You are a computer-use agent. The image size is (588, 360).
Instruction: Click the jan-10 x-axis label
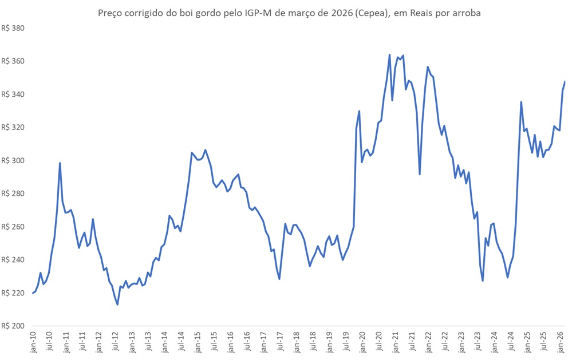(33, 342)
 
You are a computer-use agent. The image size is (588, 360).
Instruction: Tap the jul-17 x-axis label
(282, 342)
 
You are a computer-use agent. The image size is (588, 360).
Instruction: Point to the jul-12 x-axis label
(116, 342)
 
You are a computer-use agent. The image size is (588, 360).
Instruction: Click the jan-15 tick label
(199, 342)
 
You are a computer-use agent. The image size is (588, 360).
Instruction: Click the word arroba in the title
(465, 13)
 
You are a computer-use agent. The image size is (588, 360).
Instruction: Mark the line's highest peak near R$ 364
(389, 55)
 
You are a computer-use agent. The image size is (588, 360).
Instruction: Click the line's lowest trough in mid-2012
(117, 304)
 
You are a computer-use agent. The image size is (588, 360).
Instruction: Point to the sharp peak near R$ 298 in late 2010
(60, 163)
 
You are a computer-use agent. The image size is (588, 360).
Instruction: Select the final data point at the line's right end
(565, 81)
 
